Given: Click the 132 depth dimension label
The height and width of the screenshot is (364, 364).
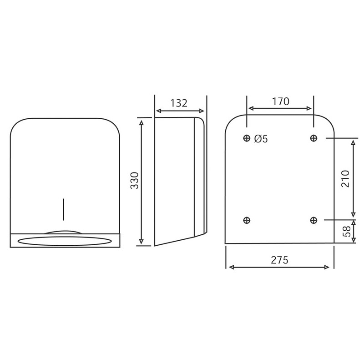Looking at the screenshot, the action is point(179,103).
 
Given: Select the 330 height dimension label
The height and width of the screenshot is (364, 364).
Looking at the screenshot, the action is point(134,180).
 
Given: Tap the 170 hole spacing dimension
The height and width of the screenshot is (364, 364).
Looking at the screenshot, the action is point(280,101).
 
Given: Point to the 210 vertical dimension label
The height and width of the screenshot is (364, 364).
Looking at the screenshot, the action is point(345,179).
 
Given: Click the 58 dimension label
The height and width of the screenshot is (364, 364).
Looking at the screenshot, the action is point(347,231).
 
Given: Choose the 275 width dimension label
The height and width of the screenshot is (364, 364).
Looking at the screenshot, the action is point(279,260).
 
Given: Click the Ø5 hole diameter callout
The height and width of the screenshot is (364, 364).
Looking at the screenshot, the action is point(261,139).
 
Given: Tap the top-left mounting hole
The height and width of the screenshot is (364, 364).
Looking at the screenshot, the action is point(247,138).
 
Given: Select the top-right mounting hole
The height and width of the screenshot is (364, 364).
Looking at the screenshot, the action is point(313,138).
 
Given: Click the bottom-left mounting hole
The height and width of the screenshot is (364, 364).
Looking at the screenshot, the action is point(247,220).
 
